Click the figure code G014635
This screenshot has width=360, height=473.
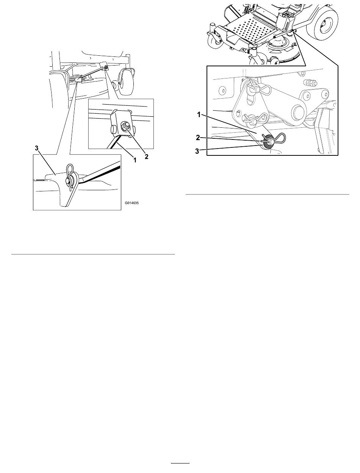pyautogui.click(x=131, y=203)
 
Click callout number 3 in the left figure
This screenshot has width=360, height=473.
pyautogui.click(x=37, y=148)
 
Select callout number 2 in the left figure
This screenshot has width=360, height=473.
pyautogui.click(x=147, y=157)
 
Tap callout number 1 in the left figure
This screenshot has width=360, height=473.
pyautogui.click(x=135, y=160)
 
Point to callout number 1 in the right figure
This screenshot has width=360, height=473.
pyautogui.click(x=199, y=115)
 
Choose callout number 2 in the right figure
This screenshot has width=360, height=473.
pyautogui.click(x=198, y=138)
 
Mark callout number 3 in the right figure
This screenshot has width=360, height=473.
pyautogui.click(x=197, y=151)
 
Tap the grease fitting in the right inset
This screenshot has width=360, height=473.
pyautogui.click(x=309, y=82)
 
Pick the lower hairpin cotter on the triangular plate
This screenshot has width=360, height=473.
pyautogui.click(x=257, y=119)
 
